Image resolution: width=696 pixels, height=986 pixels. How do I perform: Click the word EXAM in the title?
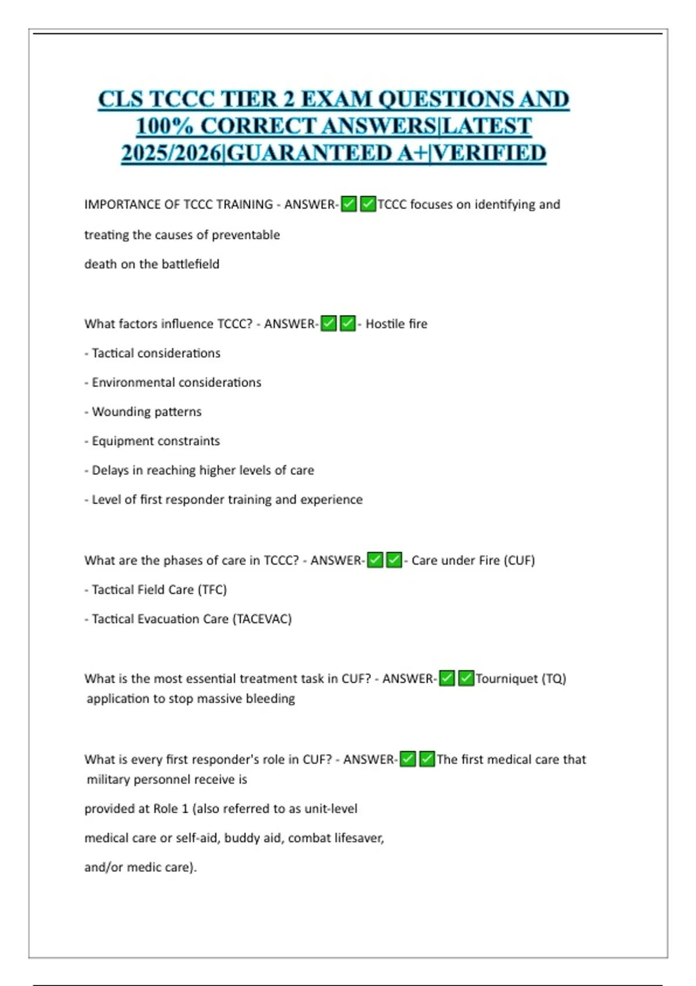pos(336,99)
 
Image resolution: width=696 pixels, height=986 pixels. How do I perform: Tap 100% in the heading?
pos(168,126)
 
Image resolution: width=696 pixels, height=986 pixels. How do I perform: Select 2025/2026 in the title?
pos(172,154)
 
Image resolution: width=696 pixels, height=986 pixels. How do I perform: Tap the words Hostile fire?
pos(396,324)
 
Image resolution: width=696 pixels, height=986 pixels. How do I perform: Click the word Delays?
pos(110,470)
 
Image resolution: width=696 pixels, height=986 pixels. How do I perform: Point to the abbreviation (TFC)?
pos(212,590)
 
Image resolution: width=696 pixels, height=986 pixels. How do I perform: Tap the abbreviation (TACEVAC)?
pos(262,619)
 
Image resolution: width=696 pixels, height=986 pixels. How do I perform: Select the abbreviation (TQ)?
pos(554,679)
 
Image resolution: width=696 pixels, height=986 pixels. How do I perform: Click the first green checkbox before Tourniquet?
pos(447,678)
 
